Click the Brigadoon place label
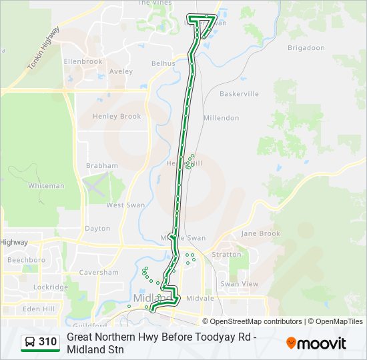click(x=306, y=48)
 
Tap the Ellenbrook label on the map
click(x=83, y=61)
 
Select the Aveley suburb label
click(x=121, y=71)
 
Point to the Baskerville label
click(x=239, y=94)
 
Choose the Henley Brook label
click(x=117, y=116)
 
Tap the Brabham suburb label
click(x=102, y=165)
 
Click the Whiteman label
click(x=47, y=186)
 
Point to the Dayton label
click(x=97, y=228)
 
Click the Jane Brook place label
click(x=261, y=233)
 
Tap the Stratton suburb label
click(x=226, y=255)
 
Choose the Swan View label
click(x=239, y=284)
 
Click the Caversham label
click(x=99, y=272)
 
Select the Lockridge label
click(x=51, y=287)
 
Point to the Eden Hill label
click(x=39, y=309)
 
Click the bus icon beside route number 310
click(x=30, y=342)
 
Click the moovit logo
click(x=316, y=343)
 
